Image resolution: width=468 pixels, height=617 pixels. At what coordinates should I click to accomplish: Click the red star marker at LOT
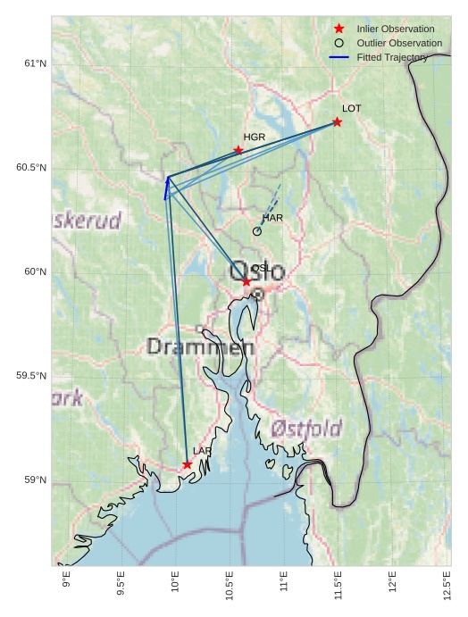click(337, 121)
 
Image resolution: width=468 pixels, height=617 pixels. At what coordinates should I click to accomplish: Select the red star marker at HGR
click(238, 150)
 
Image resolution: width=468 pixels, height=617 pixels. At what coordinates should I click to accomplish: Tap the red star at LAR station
click(188, 464)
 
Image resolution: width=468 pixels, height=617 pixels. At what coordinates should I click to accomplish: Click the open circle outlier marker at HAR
click(257, 231)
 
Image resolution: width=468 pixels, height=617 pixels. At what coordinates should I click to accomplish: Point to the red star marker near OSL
click(247, 281)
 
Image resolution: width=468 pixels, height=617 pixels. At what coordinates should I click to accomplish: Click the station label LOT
click(351, 108)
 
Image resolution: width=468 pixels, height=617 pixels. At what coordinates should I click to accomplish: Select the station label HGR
click(255, 138)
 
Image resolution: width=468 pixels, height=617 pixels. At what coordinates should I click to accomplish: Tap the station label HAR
click(272, 218)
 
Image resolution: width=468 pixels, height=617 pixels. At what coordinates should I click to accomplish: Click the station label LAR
click(203, 452)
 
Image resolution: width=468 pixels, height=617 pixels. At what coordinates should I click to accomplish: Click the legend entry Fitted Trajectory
click(392, 57)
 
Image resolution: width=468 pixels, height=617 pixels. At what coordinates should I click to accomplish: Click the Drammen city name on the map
click(200, 346)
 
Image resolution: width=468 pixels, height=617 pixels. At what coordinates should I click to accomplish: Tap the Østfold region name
click(305, 428)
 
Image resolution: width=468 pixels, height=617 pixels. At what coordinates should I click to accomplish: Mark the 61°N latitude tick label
click(35, 63)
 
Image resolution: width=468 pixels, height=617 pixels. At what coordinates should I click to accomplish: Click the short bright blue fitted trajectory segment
click(166, 188)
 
